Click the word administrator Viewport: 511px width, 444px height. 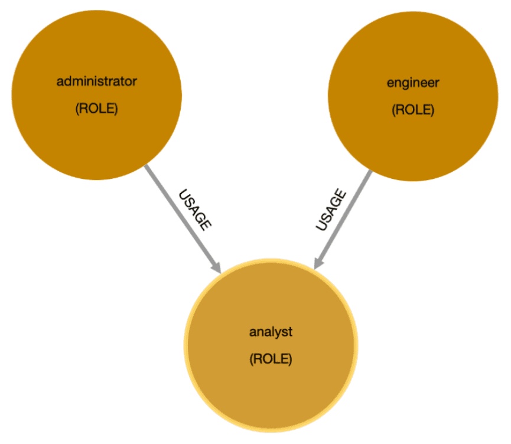[96, 81]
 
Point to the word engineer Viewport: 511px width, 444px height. [413, 83]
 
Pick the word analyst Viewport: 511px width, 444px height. [271, 332]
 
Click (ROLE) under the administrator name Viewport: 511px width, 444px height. [96, 109]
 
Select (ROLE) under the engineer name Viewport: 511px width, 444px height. [413, 110]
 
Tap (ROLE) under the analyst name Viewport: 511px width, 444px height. [271, 359]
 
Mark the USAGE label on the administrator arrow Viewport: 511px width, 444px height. [194, 210]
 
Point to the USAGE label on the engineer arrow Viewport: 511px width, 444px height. [330, 210]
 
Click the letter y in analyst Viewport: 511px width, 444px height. [279, 333]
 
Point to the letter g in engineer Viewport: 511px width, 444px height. [405, 84]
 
